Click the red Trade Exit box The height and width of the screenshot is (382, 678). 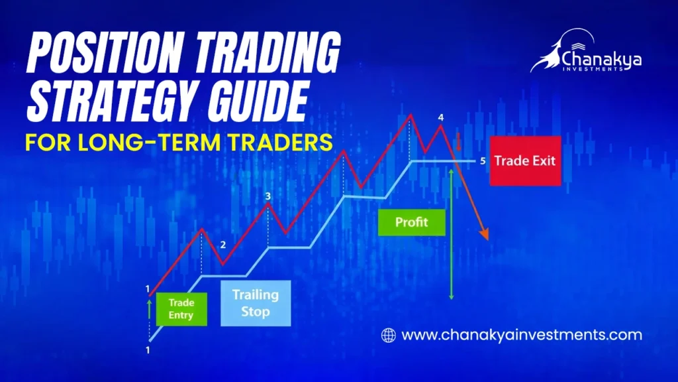click(x=525, y=160)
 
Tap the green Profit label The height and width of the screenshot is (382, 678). click(x=411, y=222)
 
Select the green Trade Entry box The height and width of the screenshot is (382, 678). click(x=181, y=309)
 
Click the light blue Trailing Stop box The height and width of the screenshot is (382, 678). click(x=255, y=303)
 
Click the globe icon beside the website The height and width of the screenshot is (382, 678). click(x=389, y=335)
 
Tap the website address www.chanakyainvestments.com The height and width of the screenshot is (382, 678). click(x=522, y=335)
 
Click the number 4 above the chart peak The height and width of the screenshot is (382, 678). click(x=441, y=118)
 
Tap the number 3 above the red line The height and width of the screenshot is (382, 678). click(x=267, y=196)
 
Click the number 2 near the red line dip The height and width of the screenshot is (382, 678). click(x=222, y=245)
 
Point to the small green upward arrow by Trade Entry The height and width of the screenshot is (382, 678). click(x=150, y=307)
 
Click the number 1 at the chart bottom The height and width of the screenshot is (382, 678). click(x=148, y=349)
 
